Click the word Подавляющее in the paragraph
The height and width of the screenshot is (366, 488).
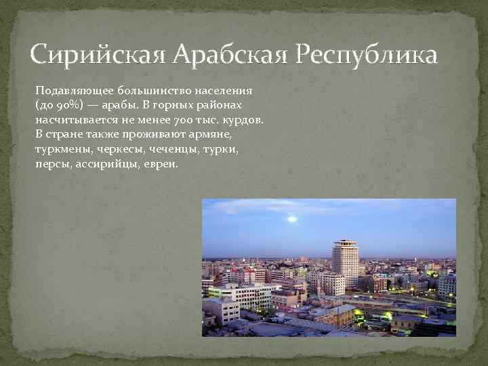74,89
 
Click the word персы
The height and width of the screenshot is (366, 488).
49,164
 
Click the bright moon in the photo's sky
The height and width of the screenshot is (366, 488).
292,218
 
